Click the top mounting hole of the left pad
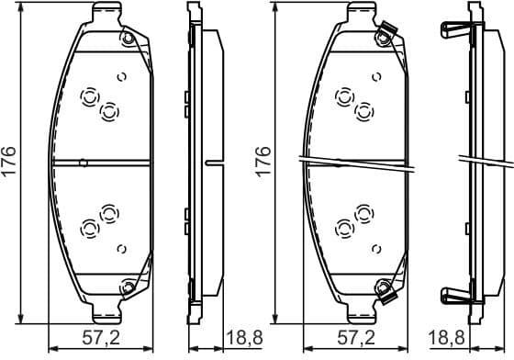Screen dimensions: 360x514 pos(128,39)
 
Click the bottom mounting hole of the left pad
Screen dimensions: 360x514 pos(128,290)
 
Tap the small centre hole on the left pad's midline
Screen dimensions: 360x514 pos(84,163)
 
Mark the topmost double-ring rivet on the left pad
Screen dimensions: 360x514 pos(91,96)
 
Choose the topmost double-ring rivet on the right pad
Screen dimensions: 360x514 pos(346,96)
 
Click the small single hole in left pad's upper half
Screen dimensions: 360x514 pos(120,78)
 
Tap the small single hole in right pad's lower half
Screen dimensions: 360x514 pos(375,248)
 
